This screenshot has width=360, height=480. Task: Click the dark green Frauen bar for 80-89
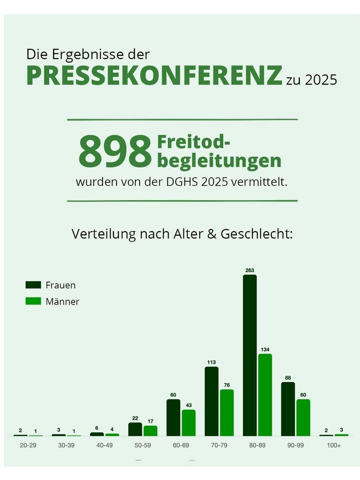250,355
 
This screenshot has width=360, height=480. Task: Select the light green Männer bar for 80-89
265,395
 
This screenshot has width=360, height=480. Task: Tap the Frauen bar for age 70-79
211,401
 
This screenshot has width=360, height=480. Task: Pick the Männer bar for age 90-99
303,417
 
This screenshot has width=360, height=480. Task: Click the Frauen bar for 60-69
173,417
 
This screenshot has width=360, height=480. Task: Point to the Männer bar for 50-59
150,431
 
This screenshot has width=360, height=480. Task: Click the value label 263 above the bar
250,270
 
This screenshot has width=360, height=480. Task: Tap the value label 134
265,350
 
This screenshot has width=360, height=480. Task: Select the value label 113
211,362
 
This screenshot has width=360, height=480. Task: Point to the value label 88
288,377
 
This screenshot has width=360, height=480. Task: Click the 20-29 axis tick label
28,445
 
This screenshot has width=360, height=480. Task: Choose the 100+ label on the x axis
334,445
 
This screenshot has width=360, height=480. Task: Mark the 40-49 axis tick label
104,445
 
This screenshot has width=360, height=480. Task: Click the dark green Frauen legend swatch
33,285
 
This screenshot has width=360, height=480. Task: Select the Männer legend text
62,301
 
